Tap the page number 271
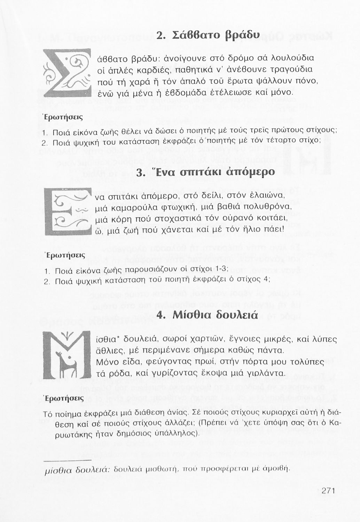(x=328, y=491)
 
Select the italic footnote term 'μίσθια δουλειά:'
(x=78, y=469)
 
